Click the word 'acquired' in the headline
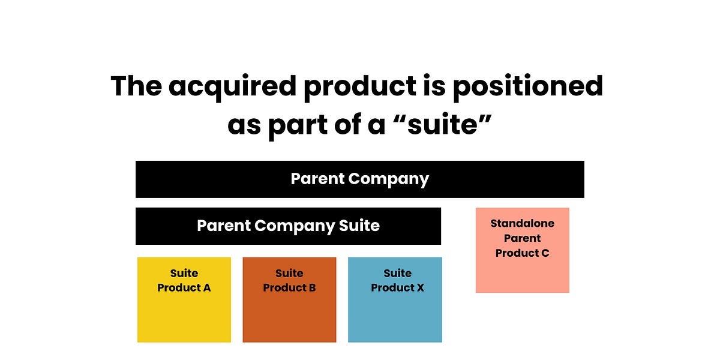click(x=231, y=87)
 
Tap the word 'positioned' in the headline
click(x=527, y=87)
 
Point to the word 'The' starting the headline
click(x=135, y=86)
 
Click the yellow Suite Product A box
click(x=184, y=300)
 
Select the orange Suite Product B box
click(x=289, y=300)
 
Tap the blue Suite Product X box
click(x=395, y=300)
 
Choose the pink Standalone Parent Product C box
click(x=522, y=250)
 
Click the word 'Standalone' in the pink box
click(x=522, y=224)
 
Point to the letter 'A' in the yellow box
click(x=206, y=288)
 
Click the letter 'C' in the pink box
click(x=545, y=253)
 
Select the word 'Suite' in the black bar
click(x=359, y=226)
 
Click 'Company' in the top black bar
click(x=388, y=179)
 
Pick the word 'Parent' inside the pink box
click(x=522, y=238)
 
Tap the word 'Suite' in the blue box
click(x=397, y=274)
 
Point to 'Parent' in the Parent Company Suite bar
click(x=223, y=226)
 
